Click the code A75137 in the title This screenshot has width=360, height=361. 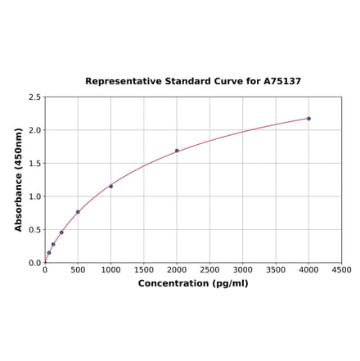282,82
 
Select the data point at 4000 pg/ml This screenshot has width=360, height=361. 308,119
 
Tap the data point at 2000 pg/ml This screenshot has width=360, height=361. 177,151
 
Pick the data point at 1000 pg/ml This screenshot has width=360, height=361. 111,186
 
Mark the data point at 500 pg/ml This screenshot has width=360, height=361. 78,212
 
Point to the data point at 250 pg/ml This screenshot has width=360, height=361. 61,232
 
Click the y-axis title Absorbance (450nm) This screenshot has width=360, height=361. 19,179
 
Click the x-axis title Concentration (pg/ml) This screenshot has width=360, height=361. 193,284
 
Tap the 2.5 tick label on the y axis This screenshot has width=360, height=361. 35,97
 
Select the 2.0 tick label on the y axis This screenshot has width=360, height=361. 35,130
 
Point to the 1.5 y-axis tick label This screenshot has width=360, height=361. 35,164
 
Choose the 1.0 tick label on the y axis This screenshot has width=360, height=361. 35,196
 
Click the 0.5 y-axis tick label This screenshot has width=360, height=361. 35,230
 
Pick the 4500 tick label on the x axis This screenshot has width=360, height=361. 341,270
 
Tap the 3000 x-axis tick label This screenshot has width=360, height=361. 243,270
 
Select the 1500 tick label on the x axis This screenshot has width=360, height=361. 144,270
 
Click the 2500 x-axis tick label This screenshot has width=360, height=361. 209,270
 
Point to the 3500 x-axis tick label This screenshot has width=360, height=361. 276,270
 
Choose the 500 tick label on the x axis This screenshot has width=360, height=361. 78,270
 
